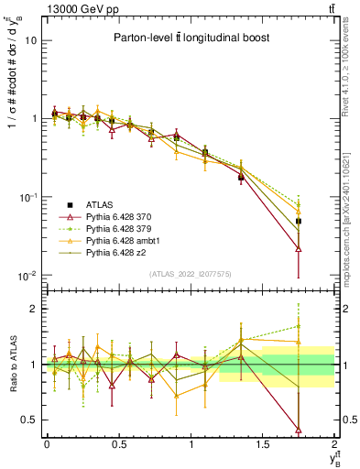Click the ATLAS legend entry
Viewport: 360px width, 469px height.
tap(100, 204)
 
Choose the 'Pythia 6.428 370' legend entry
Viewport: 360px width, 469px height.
tap(125, 215)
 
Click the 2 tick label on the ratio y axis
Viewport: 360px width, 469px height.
tap(35, 310)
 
